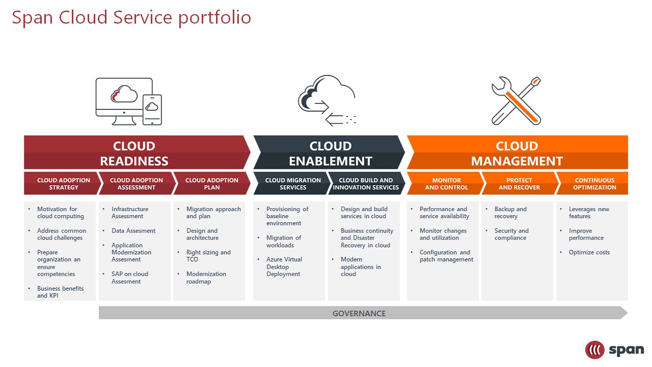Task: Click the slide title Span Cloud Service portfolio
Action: click(131, 18)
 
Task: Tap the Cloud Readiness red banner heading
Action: click(134, 153)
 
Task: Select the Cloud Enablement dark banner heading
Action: click(330, 153)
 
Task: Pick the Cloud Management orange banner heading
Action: click(517, 153)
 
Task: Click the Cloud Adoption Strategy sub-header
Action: click(64, 183)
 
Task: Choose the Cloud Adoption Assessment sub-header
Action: click(137, 183)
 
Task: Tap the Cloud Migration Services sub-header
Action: click(293, 183)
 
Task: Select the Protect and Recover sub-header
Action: click(519, 183)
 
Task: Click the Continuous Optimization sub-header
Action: click(594, 183)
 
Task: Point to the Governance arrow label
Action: click(359, 313)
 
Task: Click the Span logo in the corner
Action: click(614, 350)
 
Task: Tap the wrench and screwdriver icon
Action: click(516, 101)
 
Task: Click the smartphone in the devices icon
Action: click(152, 109)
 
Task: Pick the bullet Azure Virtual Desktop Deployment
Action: click(284, 267)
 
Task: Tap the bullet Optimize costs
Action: click(589, 252)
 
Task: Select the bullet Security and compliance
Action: click(511, 234)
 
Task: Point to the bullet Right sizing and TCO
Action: click(208, 256)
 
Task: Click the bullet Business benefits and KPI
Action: click(60, 292)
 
